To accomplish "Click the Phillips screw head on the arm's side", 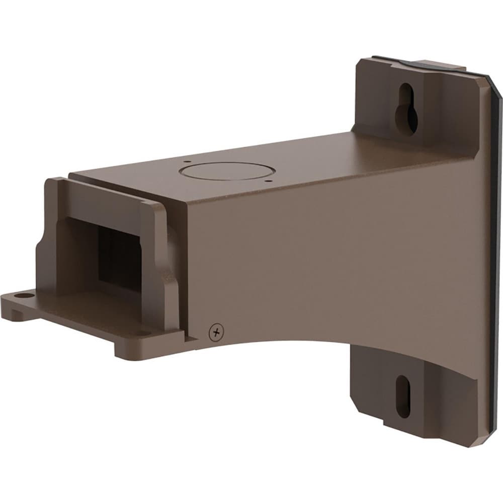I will coord(216,331).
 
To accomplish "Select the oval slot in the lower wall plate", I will coord(403,397).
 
